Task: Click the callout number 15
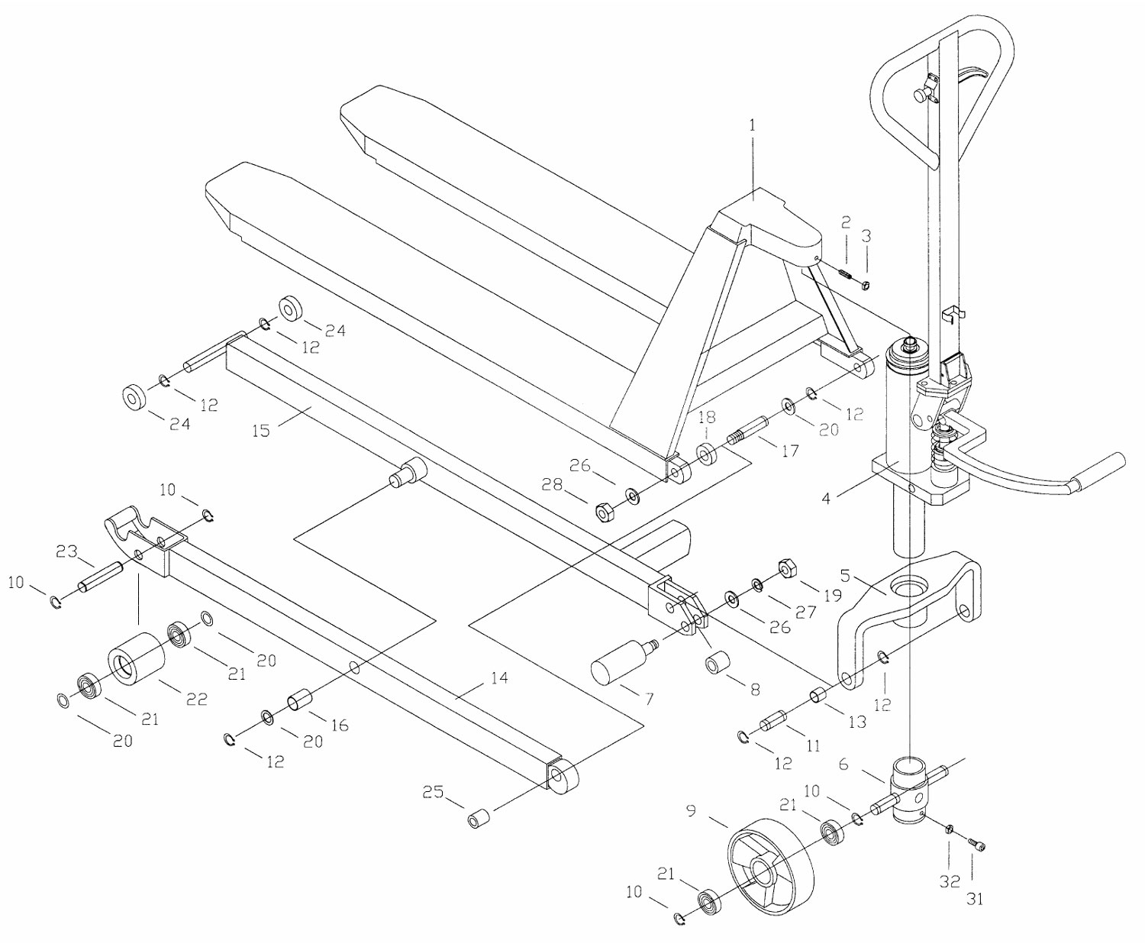click(260, 431)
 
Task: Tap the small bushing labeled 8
click(716, 663)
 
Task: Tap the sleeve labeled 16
click(298, 700)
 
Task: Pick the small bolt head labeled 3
click(866, 285)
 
